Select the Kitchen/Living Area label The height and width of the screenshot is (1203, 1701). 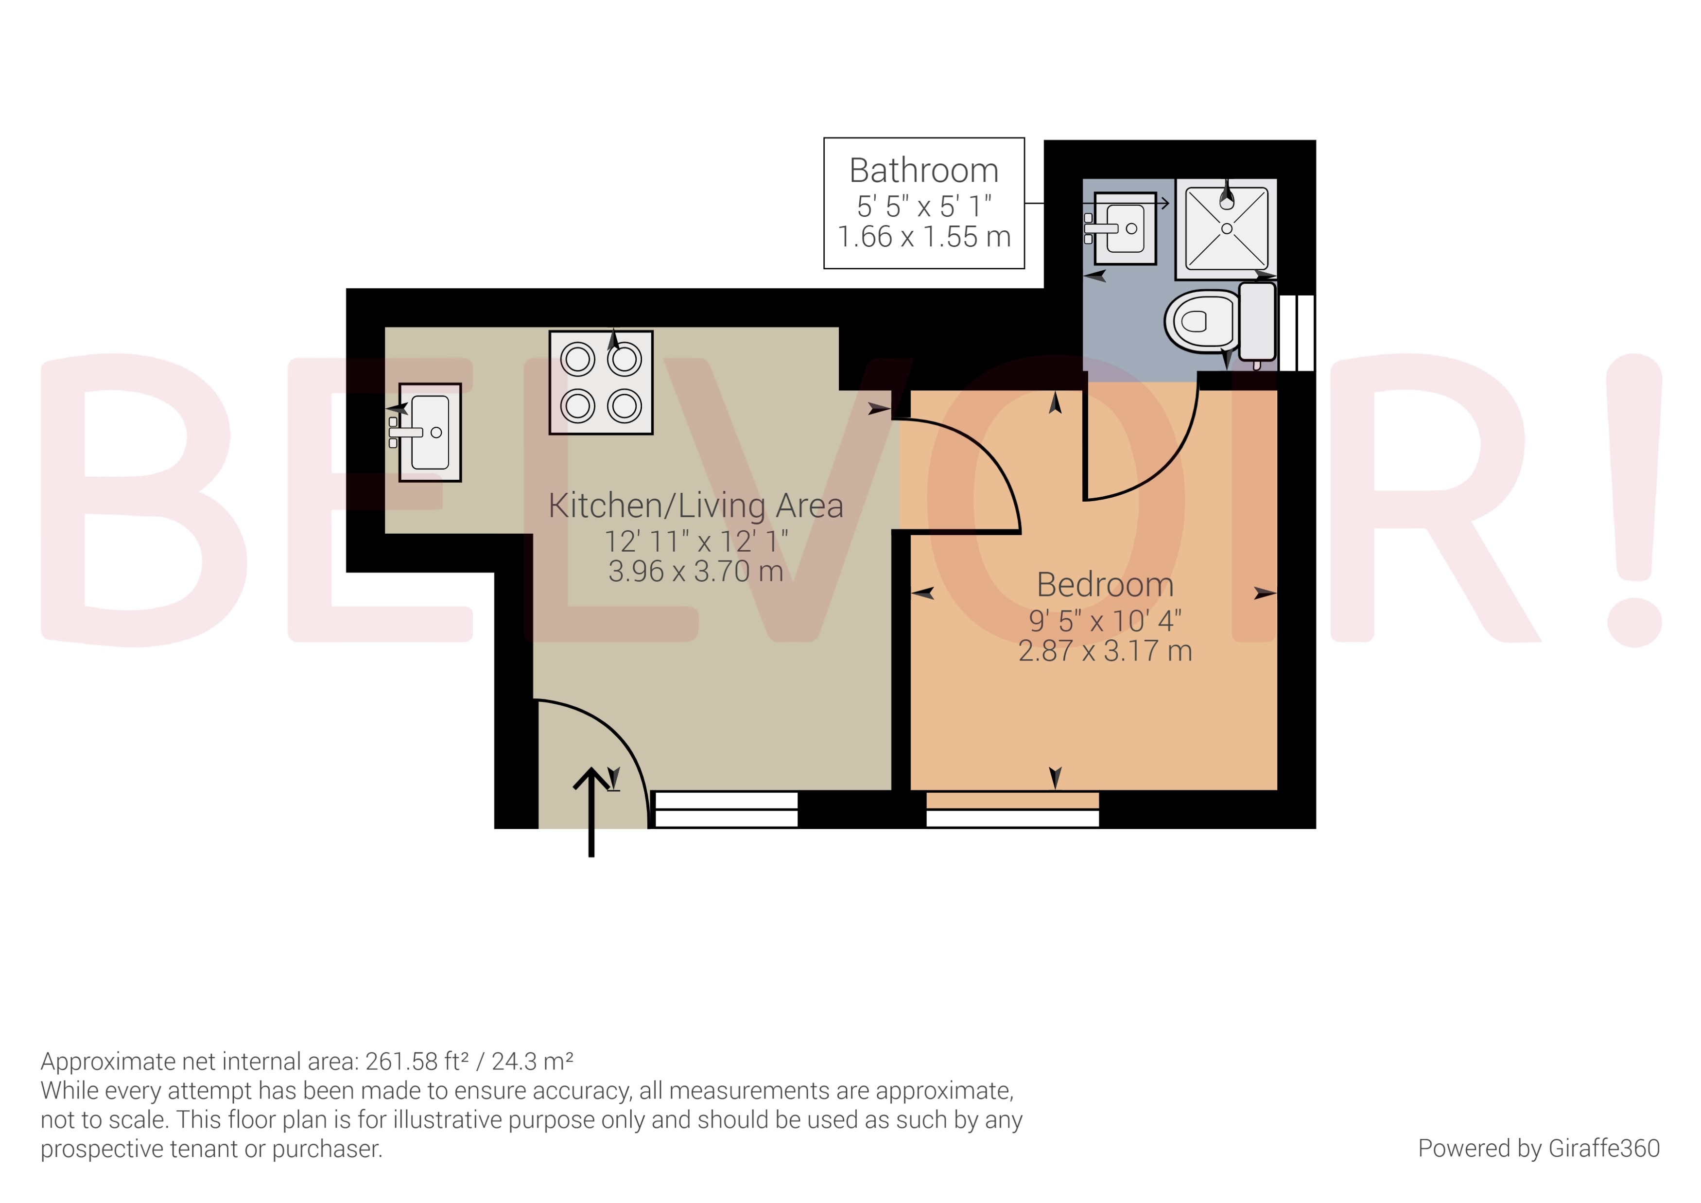(x=695, y=506)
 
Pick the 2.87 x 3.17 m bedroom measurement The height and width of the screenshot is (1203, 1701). (x=1105, y=651)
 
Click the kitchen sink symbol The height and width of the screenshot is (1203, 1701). (x=430, y=433)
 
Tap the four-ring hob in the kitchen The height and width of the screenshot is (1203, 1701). (x=601, y=382)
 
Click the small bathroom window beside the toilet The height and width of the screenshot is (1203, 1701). (x=1297, y=332)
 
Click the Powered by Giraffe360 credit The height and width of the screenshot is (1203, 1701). (x=1538, y=1148)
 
